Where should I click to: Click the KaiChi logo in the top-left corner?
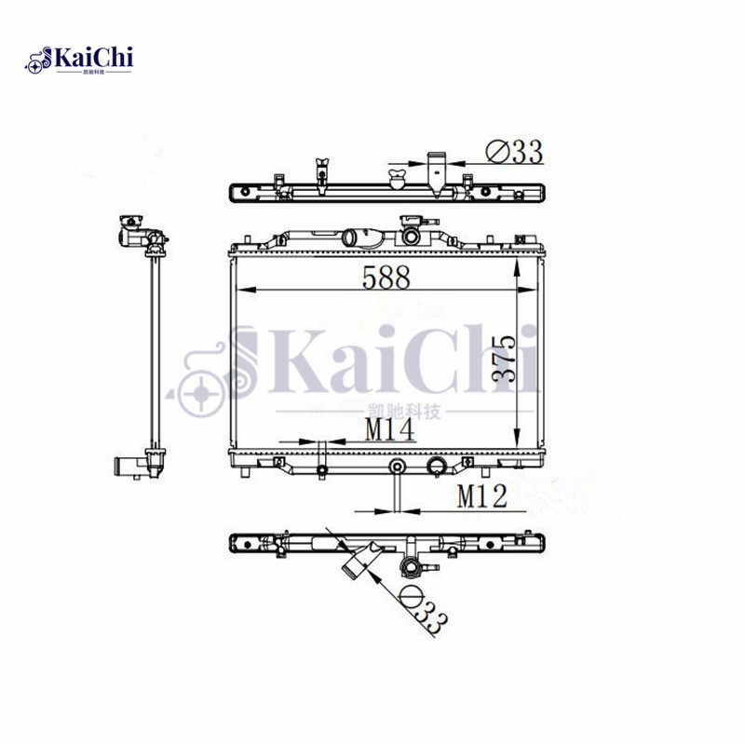tap(79, 61)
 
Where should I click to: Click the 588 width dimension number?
tap(386, 278)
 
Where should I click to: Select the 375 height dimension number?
tap(504, 359)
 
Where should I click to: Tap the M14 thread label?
tap(389, 429)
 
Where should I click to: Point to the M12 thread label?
tap(481, 496)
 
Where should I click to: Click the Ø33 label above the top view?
tap(515, 152)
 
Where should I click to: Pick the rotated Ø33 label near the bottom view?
tap(423, 610)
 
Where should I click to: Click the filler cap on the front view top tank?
tap(411, 230)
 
